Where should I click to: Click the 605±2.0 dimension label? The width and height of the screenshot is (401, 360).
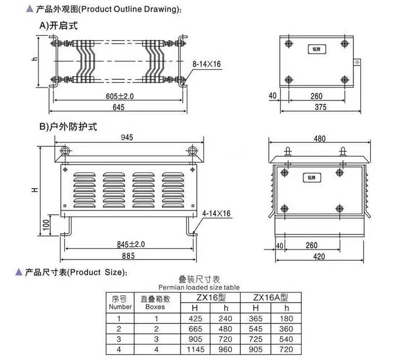120,96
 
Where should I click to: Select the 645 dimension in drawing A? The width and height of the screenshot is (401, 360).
118,107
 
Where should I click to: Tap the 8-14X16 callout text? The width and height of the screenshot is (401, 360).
207,64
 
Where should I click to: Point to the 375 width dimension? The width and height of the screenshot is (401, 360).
321,107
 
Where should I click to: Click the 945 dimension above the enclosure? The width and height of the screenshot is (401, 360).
127,137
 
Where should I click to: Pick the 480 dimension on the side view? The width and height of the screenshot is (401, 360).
320,138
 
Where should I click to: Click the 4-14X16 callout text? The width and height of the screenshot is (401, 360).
216,213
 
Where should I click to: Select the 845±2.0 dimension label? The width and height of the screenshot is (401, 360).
131,244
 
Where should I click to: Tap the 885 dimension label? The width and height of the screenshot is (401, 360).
128,256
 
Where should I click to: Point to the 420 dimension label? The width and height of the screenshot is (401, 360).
319,256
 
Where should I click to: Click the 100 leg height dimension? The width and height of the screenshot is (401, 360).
46,225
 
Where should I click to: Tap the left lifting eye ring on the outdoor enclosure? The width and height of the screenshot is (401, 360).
65,151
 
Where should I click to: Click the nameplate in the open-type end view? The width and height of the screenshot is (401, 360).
317,49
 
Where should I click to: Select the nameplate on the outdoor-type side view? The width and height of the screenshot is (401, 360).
312,177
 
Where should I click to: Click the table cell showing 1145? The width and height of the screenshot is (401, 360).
196,349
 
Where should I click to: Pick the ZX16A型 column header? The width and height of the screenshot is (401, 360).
270,297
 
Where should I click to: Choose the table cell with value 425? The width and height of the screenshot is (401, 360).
195,319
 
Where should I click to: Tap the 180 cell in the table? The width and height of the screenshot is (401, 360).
286,319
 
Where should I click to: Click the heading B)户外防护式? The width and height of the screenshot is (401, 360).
68,126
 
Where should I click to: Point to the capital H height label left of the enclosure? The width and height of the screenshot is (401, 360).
35,190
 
